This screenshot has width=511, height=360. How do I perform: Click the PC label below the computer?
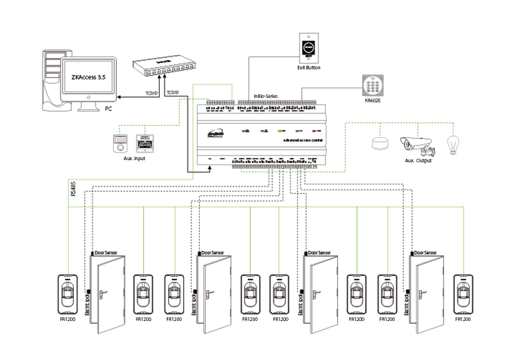click(x=108, y=108)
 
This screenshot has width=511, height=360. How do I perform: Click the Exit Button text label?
click(x=308, y=68)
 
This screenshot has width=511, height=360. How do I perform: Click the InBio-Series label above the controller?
click(x=266, y=96)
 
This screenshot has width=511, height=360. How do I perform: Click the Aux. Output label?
click(x=418, y=161)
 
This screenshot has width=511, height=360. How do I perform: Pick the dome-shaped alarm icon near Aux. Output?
click(x=380, y=143)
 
